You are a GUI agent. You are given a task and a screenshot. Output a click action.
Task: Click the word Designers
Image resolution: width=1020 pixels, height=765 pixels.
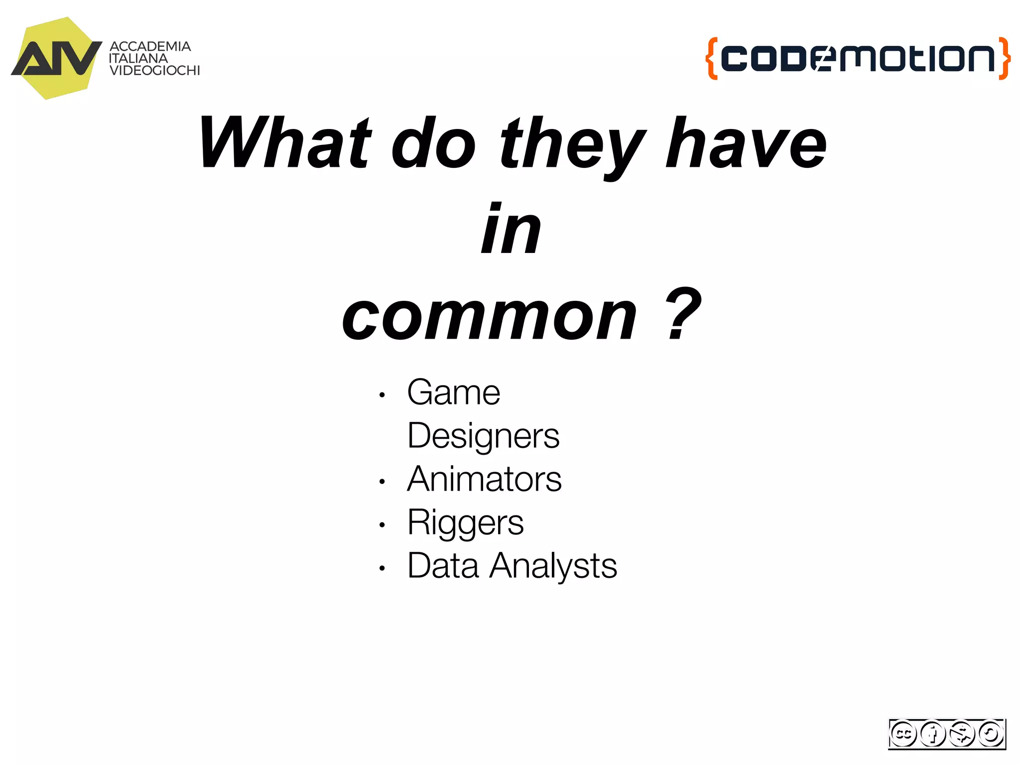coord(483,436)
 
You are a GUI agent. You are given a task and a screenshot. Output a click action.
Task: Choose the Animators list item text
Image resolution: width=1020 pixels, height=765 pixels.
coord(484,479)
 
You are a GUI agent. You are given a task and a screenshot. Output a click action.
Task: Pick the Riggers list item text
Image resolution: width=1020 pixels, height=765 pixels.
coord(465,523)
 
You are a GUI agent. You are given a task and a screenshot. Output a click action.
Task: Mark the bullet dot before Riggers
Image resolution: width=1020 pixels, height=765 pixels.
coord(382,525)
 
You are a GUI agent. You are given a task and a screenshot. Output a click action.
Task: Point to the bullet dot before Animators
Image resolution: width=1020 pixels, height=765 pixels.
coord(382,482)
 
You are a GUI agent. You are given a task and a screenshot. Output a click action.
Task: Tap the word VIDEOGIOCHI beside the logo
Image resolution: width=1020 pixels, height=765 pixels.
coord(154,71)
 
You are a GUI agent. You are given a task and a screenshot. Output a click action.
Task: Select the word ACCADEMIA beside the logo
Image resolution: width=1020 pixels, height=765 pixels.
coord(150,46)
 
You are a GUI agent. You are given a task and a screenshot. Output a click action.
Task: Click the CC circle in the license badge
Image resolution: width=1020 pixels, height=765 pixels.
coord(903,734)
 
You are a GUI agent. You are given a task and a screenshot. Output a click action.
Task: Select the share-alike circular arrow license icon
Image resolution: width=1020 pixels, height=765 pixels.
coord(991,734)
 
